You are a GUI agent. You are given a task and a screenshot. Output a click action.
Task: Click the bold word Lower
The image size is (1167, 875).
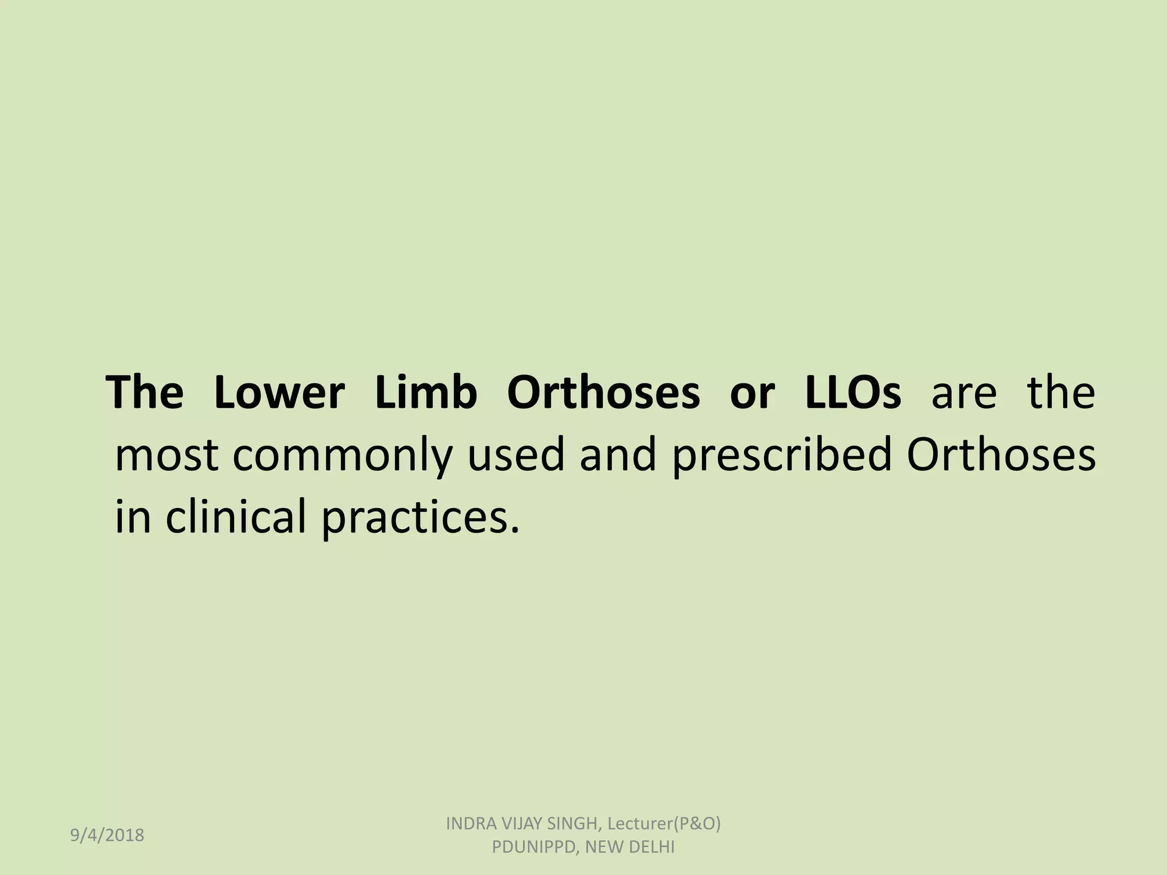click(279, 393)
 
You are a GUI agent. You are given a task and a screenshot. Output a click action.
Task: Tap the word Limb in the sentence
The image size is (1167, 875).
click(426, 393)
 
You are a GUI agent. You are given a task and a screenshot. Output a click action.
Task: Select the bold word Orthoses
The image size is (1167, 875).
click(603, 393)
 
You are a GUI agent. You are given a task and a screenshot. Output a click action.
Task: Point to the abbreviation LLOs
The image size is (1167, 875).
click(853, 393)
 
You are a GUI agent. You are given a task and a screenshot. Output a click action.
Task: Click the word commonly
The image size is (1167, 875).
click(342, 457)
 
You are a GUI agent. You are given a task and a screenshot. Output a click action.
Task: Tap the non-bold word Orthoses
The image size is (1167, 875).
click(1001, 456)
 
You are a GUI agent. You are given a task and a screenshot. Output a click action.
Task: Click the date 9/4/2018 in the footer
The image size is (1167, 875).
click(107, 835)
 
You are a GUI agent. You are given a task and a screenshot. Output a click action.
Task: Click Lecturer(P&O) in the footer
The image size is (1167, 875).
click(664, 824)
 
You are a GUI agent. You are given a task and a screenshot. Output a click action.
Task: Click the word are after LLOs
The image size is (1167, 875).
click(964, 393)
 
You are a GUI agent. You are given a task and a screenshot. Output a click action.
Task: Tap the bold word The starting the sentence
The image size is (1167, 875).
click(145, 393)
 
